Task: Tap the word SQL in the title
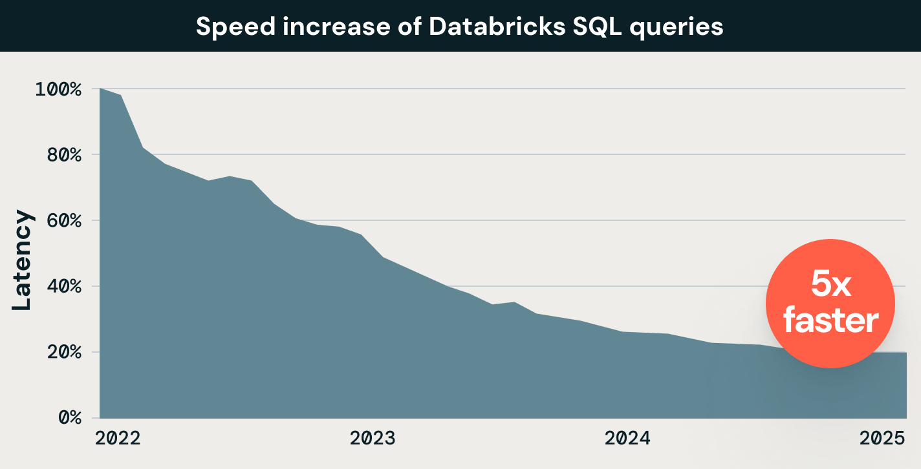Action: pos(584,27)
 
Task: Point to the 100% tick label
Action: pos(58,89)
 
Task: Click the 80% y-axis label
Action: pos(63,155)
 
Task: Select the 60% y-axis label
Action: pos(63,221)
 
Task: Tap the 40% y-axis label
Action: pos(63,287)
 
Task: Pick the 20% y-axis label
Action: pos(63,353)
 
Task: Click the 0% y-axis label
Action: pos(67,419)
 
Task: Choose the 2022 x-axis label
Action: pos(118,439)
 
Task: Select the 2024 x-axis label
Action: pos(627,439)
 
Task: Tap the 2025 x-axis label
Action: pos(882,439)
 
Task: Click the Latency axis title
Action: pos(22,260)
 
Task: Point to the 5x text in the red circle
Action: pos(830,285)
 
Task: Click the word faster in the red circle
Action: pos(830,320)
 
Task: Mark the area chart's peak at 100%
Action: pos(100,89)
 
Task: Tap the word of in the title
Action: pos(404,27)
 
